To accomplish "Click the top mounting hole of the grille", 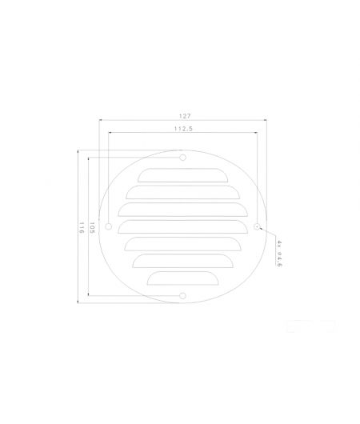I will click(182, 158).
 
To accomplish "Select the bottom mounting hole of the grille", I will click(182, 297).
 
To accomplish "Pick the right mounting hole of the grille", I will click(256, 227).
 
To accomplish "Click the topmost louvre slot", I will click(182, 174).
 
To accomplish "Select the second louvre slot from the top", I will click(182, 192).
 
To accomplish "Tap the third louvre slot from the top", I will click(182, 210).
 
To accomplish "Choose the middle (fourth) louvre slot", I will click(182, 226).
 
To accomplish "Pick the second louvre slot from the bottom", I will click(182, 261).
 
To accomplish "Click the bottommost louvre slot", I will click(182, 278).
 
